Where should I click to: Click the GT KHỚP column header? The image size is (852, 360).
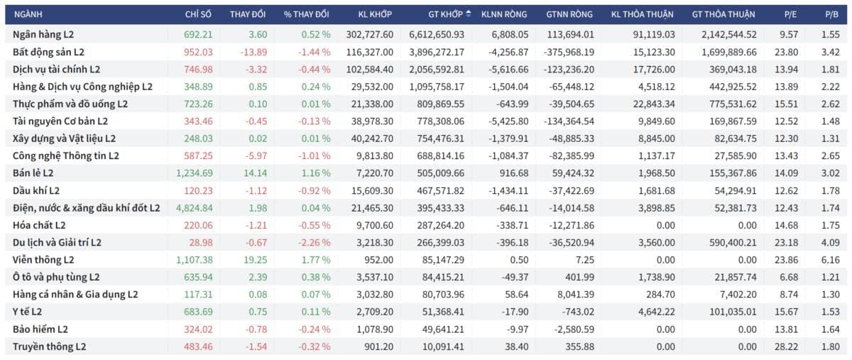coord(445,14)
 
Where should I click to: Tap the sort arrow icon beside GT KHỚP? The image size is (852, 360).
coord(468,13)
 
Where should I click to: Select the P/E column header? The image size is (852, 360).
coord(790,14)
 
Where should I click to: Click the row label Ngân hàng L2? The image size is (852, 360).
coord(43,35)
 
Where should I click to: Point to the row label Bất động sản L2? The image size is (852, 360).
coord(48,52)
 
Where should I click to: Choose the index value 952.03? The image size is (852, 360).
coord(198,52)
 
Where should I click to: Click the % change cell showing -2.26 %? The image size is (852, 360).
coord(314,243)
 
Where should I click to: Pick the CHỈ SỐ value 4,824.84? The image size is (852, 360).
coord(195,208)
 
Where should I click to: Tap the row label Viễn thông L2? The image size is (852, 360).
coord(43,260)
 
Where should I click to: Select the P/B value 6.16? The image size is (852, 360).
coord(830,260)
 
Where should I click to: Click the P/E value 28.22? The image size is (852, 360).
coord(787,347)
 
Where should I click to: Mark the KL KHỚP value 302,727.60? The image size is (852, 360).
coord(370,35)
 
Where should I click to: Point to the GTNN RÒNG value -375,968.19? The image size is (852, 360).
coord(569,52)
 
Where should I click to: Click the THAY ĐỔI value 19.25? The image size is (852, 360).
coord(255,260)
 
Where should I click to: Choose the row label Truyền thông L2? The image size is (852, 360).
coord(50,347)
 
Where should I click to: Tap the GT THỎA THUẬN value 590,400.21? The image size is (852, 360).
coord(733,243)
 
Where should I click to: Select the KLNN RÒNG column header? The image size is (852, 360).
coord(504,14)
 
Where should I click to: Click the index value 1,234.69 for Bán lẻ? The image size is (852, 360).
coord(195,173)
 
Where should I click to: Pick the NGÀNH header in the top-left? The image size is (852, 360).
coord(28,14)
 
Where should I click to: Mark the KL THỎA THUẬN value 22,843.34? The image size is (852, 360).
coord(654,104)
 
